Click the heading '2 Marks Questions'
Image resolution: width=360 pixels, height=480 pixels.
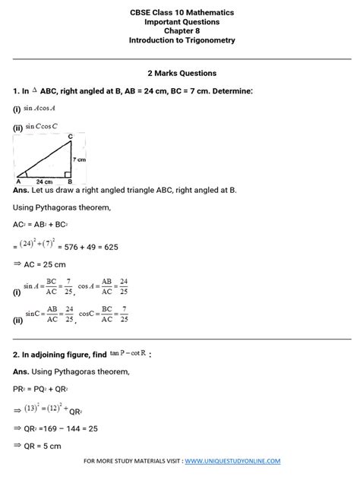181,73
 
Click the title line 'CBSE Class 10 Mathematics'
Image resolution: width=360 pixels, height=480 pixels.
181,13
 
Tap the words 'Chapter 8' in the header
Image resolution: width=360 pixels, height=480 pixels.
181,31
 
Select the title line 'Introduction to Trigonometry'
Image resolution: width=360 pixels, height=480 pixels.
181,40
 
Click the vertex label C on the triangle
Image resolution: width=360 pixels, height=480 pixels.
70,137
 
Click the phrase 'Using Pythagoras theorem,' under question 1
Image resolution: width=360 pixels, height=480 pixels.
62,207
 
